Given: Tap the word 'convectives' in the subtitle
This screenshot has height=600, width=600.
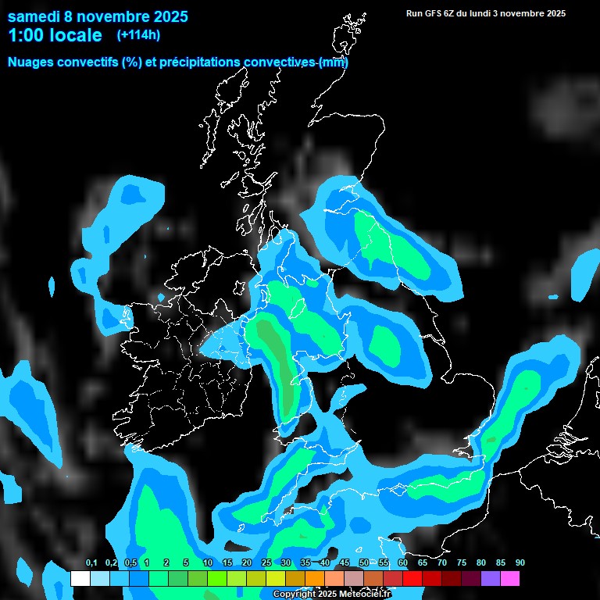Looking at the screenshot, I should point(279,62).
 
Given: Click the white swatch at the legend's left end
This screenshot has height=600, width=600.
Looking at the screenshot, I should point(80,579).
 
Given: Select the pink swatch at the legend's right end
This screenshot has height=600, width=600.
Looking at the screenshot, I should point(509,579).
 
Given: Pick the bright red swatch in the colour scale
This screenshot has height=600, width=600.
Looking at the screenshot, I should point(412,579).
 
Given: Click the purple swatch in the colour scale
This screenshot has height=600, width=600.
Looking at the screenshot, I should point(491,579).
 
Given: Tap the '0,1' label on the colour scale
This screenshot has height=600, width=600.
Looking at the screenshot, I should point(91,563).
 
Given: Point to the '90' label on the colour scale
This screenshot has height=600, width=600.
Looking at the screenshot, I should point(520,563).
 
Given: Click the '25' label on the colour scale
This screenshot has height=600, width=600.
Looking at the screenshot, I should point(266,563).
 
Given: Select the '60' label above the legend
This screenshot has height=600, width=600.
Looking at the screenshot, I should point(403,563).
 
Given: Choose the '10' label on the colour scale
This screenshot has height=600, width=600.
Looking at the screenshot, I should point(208,563).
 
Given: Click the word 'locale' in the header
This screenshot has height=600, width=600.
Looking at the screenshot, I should point(75,35).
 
